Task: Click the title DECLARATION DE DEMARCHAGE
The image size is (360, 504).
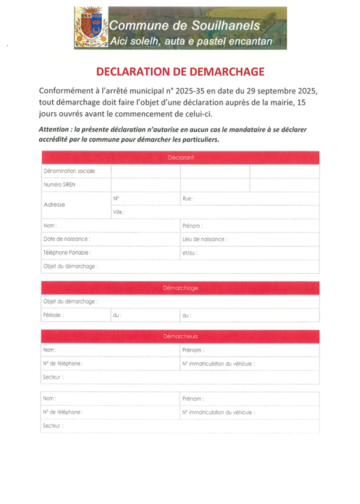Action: coord(180,72)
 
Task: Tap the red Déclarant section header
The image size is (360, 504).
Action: coord(180,157)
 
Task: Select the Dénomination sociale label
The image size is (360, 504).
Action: coord(69,171)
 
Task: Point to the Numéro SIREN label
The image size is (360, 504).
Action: coord(60,184)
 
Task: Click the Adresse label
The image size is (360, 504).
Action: coord(55,205)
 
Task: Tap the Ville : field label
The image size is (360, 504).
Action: coord(119,211)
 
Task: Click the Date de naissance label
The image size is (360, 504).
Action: coord(67,239)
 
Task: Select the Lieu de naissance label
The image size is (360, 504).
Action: coord(205,239)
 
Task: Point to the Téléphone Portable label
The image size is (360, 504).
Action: coord(68,253)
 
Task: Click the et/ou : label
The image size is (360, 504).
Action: coord(190,253)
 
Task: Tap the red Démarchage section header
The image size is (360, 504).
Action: coord(180,288)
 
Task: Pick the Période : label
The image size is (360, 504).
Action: coord(53,315)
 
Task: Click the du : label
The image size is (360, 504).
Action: coord(117,315)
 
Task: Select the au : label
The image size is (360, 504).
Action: coord(187,315)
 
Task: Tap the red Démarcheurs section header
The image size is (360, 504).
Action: coord(180,336)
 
